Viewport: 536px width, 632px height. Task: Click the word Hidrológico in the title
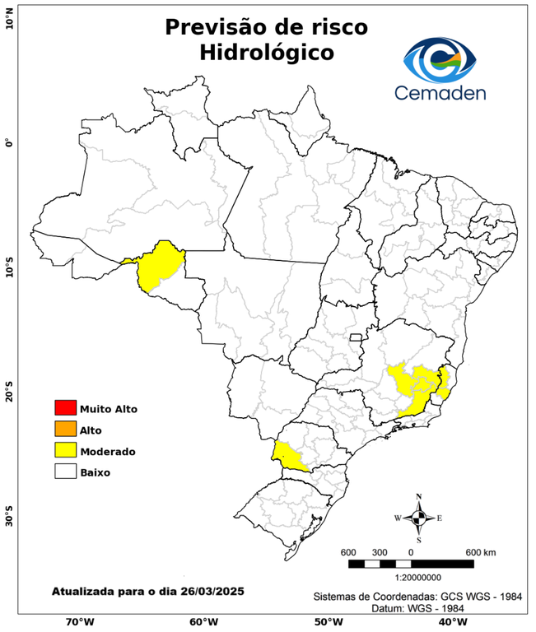[266, 52]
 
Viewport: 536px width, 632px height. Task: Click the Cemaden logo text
[440, 92]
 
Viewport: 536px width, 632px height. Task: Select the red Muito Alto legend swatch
[65, 407]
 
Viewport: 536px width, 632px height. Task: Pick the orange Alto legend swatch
[65, 429]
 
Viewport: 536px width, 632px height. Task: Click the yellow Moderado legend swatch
[65, 450]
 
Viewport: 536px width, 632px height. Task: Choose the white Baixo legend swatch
[65, 472]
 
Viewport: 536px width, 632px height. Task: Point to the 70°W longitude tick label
[79, 622]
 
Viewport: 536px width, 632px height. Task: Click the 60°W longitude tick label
[203, 622]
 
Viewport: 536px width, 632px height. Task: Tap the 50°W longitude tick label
[326, 622]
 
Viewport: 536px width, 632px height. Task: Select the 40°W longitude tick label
[450, 622]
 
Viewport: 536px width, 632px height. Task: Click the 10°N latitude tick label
[9, 18]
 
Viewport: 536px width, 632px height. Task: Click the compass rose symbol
[418, 518]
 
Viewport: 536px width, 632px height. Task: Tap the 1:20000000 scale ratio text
[409, 578]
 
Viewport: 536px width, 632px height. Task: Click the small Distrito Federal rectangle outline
[357, 337]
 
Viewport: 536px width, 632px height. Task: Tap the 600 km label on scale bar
[480, 551]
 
